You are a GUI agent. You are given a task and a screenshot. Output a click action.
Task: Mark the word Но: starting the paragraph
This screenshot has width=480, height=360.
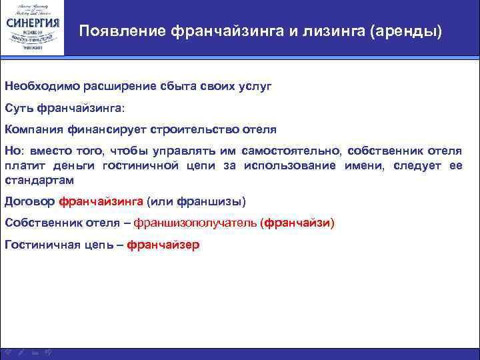pyautogui.click(x=13, y=151)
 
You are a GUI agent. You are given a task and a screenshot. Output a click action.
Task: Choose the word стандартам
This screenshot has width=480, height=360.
pyautogui.click(x=39, y=180)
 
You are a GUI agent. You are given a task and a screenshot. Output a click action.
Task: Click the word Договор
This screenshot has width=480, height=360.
pyautogui.click(x=29, y=201)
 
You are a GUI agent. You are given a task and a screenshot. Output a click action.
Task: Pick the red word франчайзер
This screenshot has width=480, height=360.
pyautogui.click(x=163, y=245)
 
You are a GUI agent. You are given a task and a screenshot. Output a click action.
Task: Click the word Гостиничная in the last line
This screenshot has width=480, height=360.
pyautogui.click(x=37, y=245)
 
